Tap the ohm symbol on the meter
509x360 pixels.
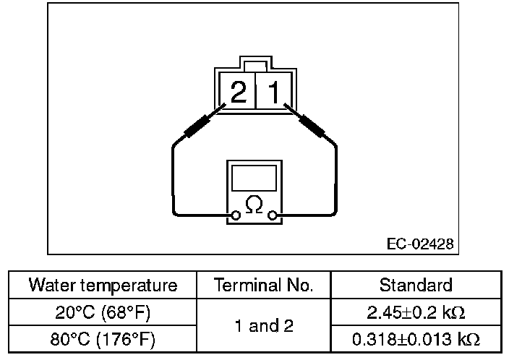254,205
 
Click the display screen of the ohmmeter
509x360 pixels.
254,177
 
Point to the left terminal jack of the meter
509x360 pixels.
235,215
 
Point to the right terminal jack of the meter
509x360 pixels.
273,215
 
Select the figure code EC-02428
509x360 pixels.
420,244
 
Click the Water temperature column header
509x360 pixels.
103,285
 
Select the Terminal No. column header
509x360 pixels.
264,285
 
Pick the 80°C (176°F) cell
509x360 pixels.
103,338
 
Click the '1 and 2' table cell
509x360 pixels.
264,325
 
